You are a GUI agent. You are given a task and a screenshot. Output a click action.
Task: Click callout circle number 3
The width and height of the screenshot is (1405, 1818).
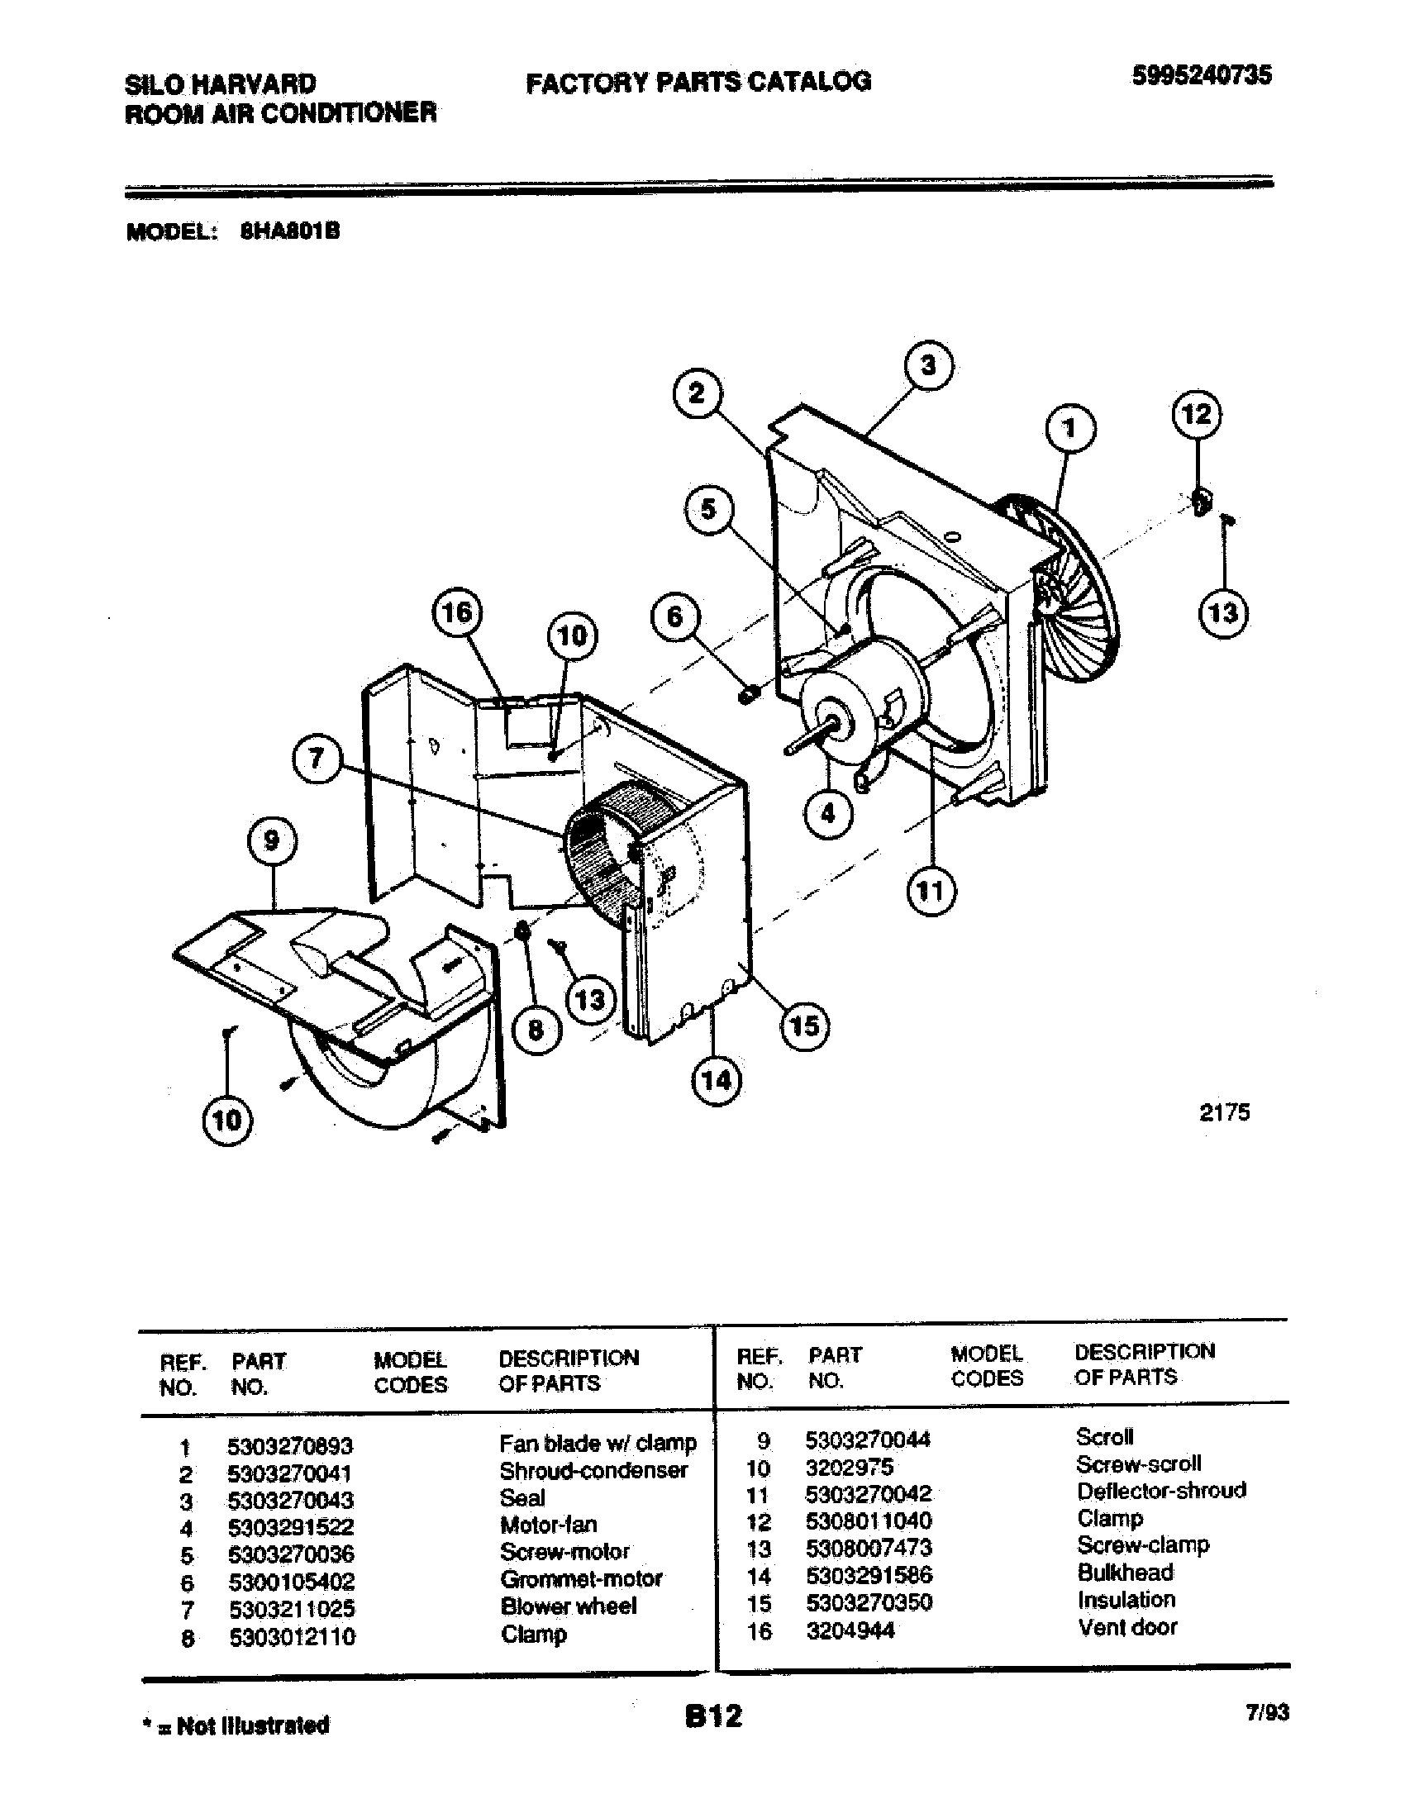(x=928, y=365)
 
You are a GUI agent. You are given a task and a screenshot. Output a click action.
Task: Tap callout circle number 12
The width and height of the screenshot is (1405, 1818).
(x=1197, y=414)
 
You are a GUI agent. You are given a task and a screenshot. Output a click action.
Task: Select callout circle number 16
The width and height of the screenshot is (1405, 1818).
(x=456, y=612)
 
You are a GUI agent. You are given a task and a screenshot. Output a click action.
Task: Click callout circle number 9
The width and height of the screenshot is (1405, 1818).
(x=272, y=840)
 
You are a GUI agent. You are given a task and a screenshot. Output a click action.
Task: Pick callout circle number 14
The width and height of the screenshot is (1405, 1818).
(x=717, y=1081)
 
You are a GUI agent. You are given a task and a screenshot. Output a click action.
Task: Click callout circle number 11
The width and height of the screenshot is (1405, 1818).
(x=931, y=892)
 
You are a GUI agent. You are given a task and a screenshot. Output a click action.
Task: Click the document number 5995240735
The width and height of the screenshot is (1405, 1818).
(x=1200, y=76)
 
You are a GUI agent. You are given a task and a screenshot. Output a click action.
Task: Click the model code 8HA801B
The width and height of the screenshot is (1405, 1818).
(x=289, y=231)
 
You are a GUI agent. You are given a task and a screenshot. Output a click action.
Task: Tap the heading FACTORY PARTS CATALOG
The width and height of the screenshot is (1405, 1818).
(x=698, y=82)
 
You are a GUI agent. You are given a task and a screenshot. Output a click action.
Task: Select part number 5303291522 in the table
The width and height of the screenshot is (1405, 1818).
(x=290, y=1526)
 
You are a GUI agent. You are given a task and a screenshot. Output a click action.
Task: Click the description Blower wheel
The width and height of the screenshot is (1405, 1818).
(x=569, y=1606)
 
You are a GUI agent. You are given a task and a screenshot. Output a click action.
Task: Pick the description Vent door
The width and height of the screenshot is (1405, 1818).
(x=1127, y=1626)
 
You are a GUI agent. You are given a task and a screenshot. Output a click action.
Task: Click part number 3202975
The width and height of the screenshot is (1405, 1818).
(x=849, y=1466)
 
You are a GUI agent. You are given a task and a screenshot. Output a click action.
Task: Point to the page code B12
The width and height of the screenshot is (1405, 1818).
(x=713, y=1716)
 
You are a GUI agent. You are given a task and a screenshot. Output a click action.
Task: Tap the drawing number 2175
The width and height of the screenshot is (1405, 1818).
(x=1223, y=1112)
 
